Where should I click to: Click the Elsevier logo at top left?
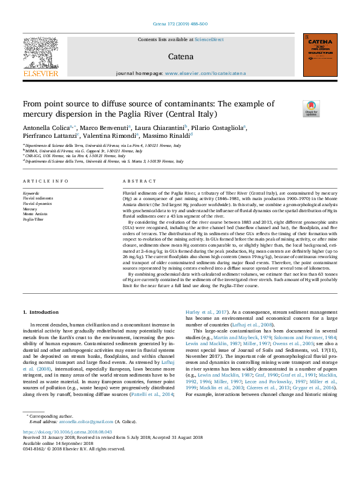coord(41,56)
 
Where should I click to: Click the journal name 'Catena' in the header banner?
coord(180,57)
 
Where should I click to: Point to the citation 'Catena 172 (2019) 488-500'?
coord(180,24)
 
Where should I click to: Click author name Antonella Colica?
coord(46,128)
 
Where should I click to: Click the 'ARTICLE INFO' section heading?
coord(45,181)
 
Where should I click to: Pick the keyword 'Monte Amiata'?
coord(34,215)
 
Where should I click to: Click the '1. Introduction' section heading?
coord(41,312)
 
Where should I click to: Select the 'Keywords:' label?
coord(32,193)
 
